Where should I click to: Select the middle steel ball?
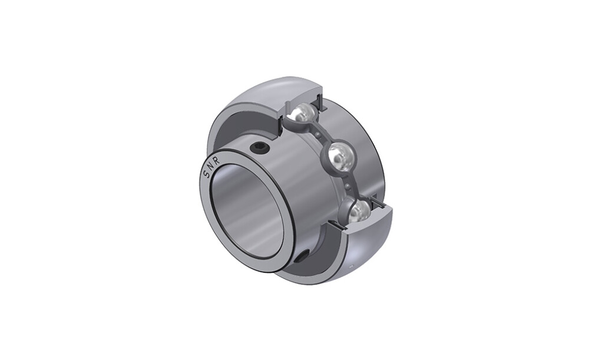click(340, 155)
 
